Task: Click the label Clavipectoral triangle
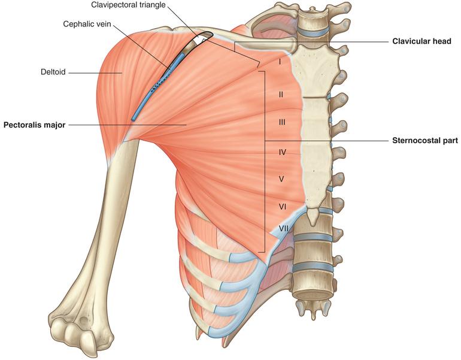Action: click(128, 5)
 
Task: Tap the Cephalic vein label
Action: click(87, 24)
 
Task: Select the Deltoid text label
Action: click(53, 72)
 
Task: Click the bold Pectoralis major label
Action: click(34, 125)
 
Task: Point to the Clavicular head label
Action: click(421, 41)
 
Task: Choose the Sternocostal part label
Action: click(425, 141)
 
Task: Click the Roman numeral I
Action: click(280, 62)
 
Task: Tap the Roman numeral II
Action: click(281, 95)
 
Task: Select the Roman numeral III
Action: click(281, 122)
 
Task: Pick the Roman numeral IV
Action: click(282, 152)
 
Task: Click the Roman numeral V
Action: click(281, 179)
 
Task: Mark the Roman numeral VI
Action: click(283, 207)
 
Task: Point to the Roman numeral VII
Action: click(283, 228)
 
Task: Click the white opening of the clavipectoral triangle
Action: click(202, 39)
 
